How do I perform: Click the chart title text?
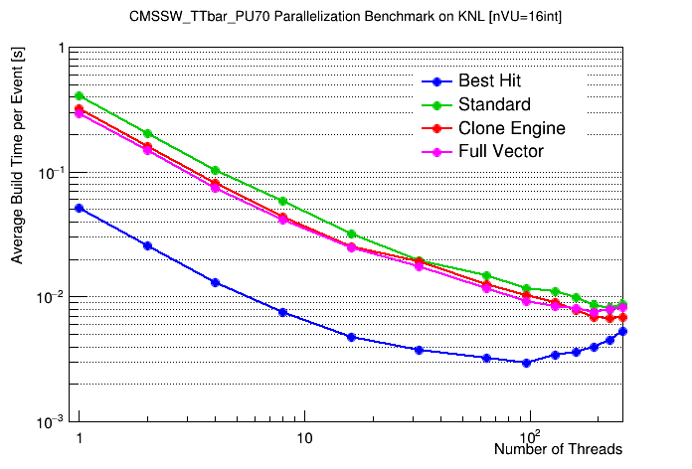pyautogui.click(x=347, y=17)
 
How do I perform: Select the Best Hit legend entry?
pyautogui.click(x=488, y=81)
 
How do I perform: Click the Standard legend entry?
pyautogui.click(x=494, y=104)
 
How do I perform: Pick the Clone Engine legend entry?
pyautogui.click(x=511, y=128)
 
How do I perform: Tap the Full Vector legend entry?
pyautogui.click(x=500, y=151)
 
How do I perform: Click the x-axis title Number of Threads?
pyautogui.click(x=558, y=450)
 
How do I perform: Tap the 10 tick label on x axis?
pyautogui.click(x=304, y=438)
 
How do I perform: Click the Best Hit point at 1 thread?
pyautogui.click(x=80, y=208)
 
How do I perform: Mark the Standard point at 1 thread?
pyautogui.click(x=80, y=96)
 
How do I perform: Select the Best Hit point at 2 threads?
pyautogui.click(x=147, y=245)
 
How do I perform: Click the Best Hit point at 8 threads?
pyautogui.click(x=282, y=312)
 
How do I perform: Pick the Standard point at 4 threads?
pyautogui.click(x=215, y=171)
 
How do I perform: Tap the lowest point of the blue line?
pyautogui.click(x=526, y=363)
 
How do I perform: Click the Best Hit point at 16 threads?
pyautogui.click(x=351, y=337)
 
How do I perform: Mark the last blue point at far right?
pyautogui.click(x=622, y=332)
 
